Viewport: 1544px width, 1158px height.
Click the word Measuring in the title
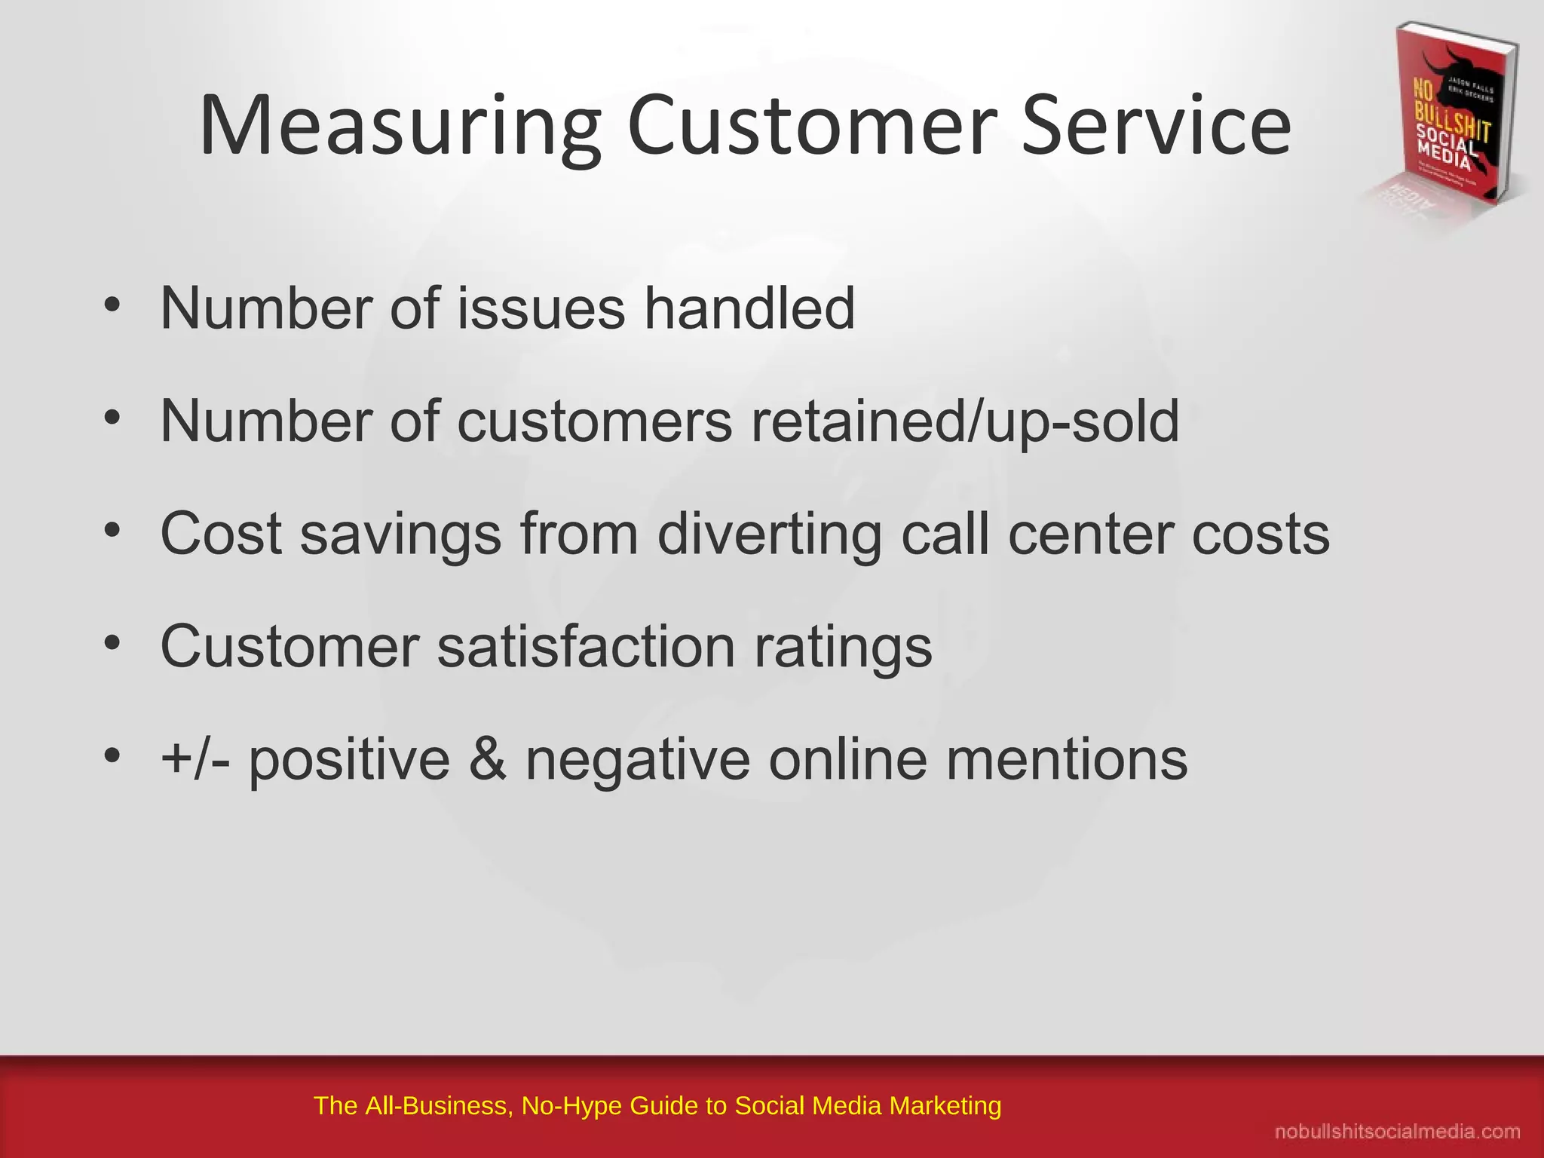point(400,127)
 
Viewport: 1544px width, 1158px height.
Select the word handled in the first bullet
point(749,308)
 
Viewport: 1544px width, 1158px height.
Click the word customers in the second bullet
point(594,421)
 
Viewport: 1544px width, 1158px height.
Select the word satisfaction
point(586,647)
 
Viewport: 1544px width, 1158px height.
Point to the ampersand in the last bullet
point(488,759)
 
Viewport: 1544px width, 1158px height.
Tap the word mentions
point(1067,759)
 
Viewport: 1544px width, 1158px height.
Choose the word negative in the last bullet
point(638,761)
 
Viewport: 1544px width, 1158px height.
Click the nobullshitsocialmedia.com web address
point(1397,1132)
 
